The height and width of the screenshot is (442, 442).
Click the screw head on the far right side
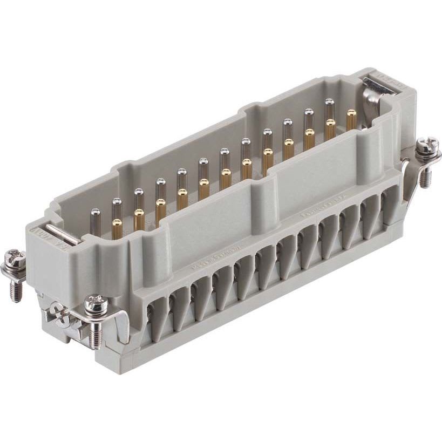pyautogui.click(x=424, y=145)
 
